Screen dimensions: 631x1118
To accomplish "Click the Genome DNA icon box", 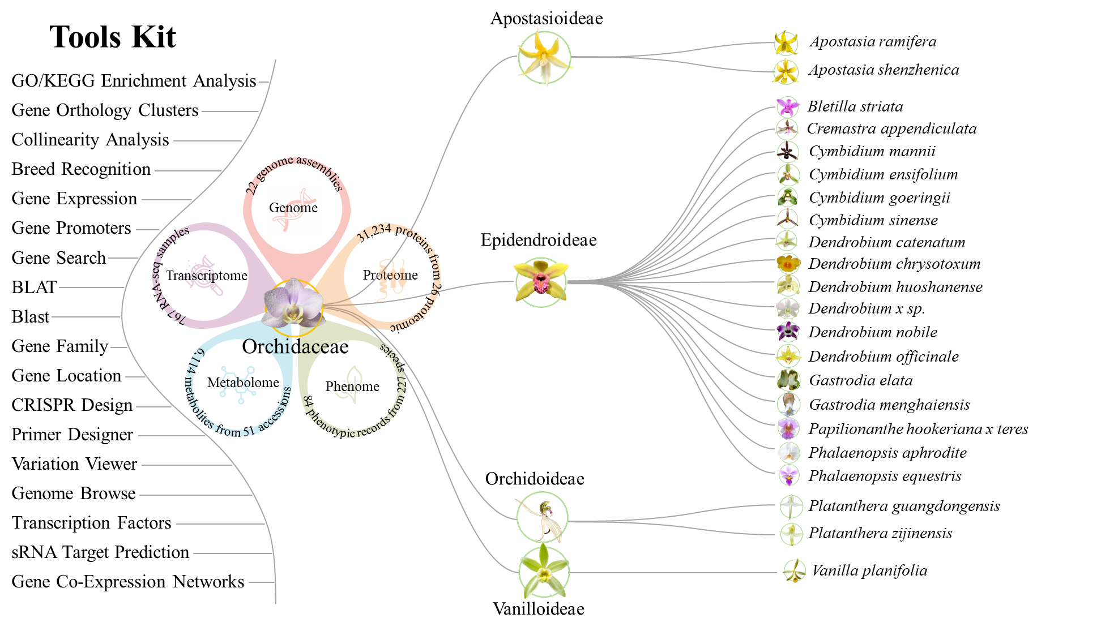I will click(x=294, y=210).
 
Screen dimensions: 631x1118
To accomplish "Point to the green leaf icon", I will click(x=348, y=384).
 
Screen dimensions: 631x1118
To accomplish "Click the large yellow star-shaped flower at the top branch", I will click(x=544, y=57).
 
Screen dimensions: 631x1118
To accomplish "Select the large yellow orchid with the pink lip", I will click(x=541, y=281).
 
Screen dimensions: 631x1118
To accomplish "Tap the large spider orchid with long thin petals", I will click(x=542, y=517).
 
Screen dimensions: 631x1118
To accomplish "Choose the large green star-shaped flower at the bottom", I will click(x=544, y=572).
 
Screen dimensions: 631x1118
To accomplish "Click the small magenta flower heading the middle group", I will click(x=787, y=106).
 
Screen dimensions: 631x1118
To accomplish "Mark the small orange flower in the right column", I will click(x=788, y=263).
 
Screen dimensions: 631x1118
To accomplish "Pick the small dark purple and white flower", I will click(x=788, y=331).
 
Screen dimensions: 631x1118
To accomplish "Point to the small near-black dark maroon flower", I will click(x=787, y=152).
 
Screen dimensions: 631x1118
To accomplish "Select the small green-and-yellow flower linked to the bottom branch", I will click(x=794, y=571).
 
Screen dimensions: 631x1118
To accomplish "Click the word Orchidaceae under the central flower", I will click(x=290, y=346).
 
